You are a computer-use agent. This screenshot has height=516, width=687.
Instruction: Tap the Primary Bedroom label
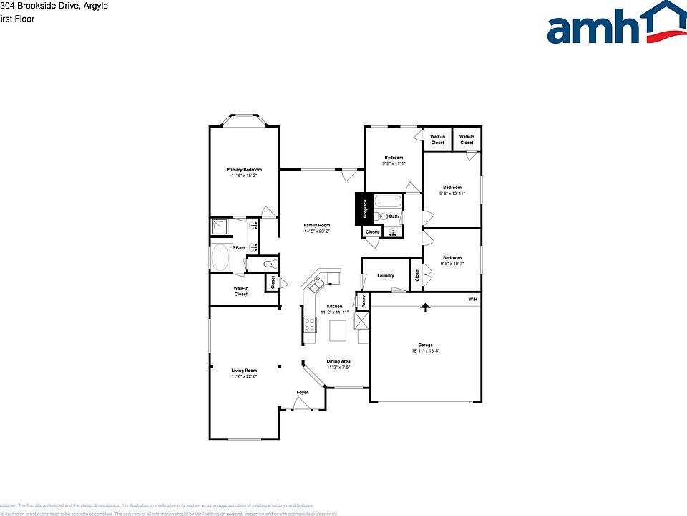click(x=243, y=170)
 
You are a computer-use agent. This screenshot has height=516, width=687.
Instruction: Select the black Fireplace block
click(x=364, y=209)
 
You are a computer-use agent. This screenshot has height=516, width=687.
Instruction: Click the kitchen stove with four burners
click(x=310, y=324)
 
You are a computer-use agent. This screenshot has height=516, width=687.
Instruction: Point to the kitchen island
click(x=338, y=330)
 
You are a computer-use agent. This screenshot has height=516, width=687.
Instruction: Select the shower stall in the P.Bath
click(x=218, y=228)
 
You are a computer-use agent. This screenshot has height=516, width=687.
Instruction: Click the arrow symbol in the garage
click(x=426, y=307)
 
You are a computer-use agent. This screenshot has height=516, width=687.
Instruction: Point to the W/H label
click(x=473, y=299)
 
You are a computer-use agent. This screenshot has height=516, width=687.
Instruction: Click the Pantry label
click(x=364, y=300)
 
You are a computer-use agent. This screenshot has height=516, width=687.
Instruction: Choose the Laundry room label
click(x=385, y=276)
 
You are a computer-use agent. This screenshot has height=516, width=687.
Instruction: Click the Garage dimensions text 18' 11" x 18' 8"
click(x=426, y=351)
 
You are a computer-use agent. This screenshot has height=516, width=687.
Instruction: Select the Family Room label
click(x=316, y=226)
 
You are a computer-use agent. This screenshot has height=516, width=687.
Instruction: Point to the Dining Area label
click(x=338, y=362)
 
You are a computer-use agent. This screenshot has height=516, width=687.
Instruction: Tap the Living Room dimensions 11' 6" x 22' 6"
click(x=244, y=376)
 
